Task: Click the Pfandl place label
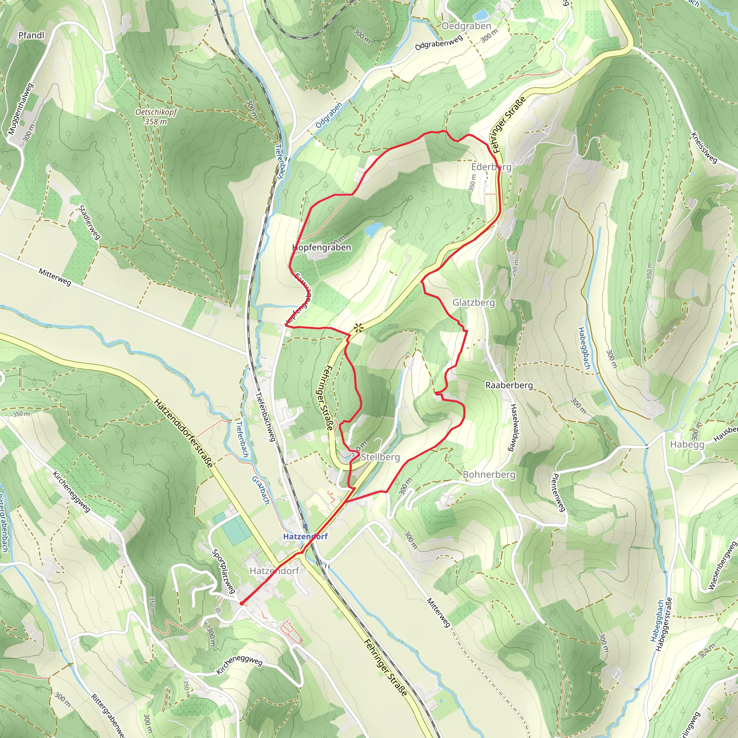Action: point(31,35)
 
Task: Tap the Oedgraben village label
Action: point(466,26)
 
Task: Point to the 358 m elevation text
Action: point(156,121)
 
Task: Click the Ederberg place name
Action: point(491,167)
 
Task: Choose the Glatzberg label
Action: point(474,303)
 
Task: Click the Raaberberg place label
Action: point(509,385)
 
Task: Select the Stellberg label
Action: point(380,457)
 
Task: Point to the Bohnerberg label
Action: point(489,475)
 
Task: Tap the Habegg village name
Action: point(687,444)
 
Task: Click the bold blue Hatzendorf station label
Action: point(305,536)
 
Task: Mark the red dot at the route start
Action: point(241,604)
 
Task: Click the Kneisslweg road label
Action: point(704,148)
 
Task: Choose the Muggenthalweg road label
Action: point(21,109)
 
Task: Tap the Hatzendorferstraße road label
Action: point(183,433)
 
